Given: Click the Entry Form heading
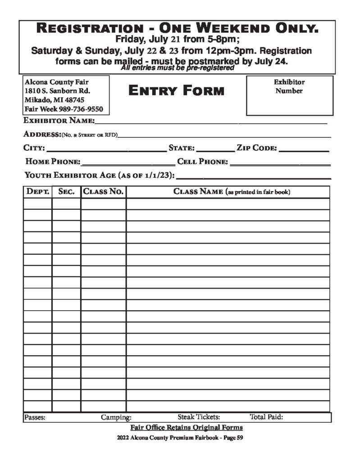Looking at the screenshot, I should point(176,91).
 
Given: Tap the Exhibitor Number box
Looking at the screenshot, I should point(289,95).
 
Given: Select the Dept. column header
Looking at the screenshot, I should point(38,192).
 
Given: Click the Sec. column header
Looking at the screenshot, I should point(66,192).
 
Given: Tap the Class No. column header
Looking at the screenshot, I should point(103,192).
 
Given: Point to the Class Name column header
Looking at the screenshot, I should point(232,192).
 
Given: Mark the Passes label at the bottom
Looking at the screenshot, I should point(35,417).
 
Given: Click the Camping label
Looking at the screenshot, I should point(116,417).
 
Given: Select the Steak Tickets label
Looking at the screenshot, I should point(199,417).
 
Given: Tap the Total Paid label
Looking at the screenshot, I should point(266,417).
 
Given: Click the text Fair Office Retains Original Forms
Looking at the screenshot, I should point(186,427).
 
